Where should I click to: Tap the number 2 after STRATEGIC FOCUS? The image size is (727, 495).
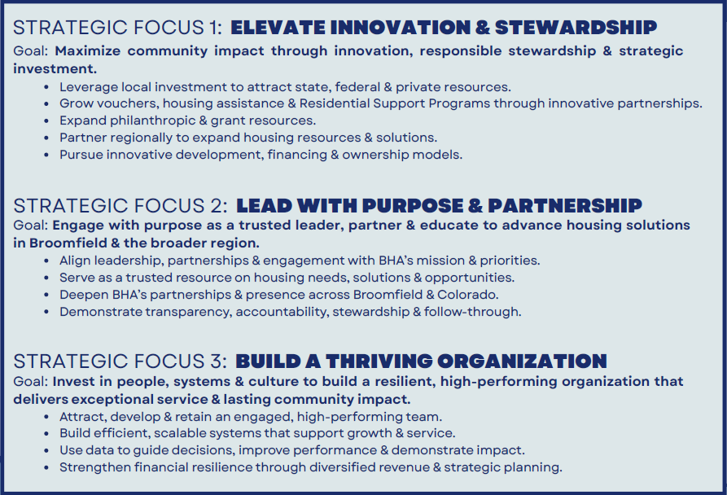[217, 206]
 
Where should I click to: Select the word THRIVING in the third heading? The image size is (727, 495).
[378, 361]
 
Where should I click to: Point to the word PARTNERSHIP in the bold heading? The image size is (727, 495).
[565, 206]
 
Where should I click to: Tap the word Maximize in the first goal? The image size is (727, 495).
[88, 51]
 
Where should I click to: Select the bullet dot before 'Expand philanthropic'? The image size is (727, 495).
[46, 121]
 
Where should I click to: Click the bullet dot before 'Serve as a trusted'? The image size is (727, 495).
[46, 278]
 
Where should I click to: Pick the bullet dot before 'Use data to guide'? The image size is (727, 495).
[46, 451]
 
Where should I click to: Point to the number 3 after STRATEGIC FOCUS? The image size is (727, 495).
[217, 361]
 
